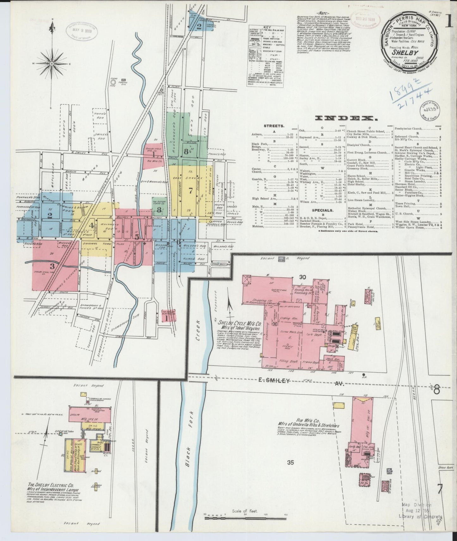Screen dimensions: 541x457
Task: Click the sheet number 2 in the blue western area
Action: point(49,216)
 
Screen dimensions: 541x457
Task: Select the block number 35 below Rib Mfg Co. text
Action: point(290,462)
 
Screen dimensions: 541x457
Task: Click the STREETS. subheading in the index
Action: point(274,126)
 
